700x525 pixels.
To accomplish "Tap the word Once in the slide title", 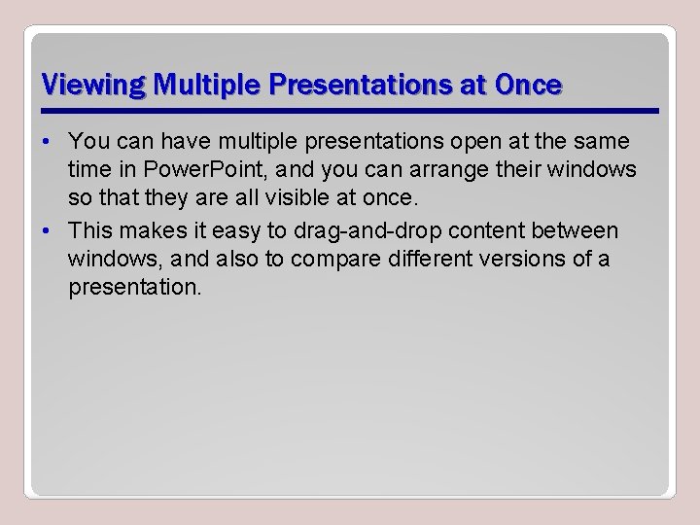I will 528,86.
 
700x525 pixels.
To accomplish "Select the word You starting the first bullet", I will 88,142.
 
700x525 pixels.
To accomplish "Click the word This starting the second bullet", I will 89,231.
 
